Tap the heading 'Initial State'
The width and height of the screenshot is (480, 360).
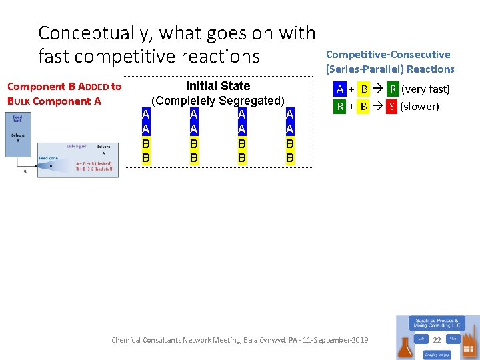[x=218, y=86]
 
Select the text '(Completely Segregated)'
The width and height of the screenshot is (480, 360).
[x=218, y=101]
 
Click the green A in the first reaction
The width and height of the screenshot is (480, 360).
[x=340, y=89]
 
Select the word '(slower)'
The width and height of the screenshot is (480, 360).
[x=419, y=106]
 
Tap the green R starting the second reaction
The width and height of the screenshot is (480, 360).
[x=340, y=106]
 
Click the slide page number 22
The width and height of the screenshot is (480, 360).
[x=437, y=341]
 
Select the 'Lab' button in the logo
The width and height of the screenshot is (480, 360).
[x=421, y=339]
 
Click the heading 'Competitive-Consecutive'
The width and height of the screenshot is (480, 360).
[x=387, y=55]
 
